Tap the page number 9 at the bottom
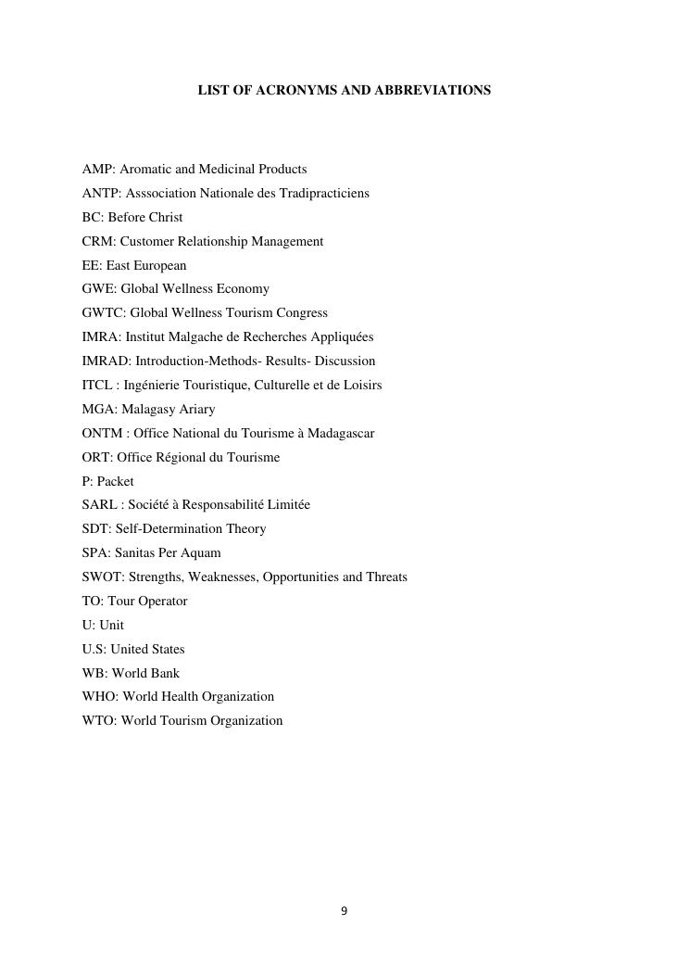[x=345, y=911]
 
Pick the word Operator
[x=163, y=602]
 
